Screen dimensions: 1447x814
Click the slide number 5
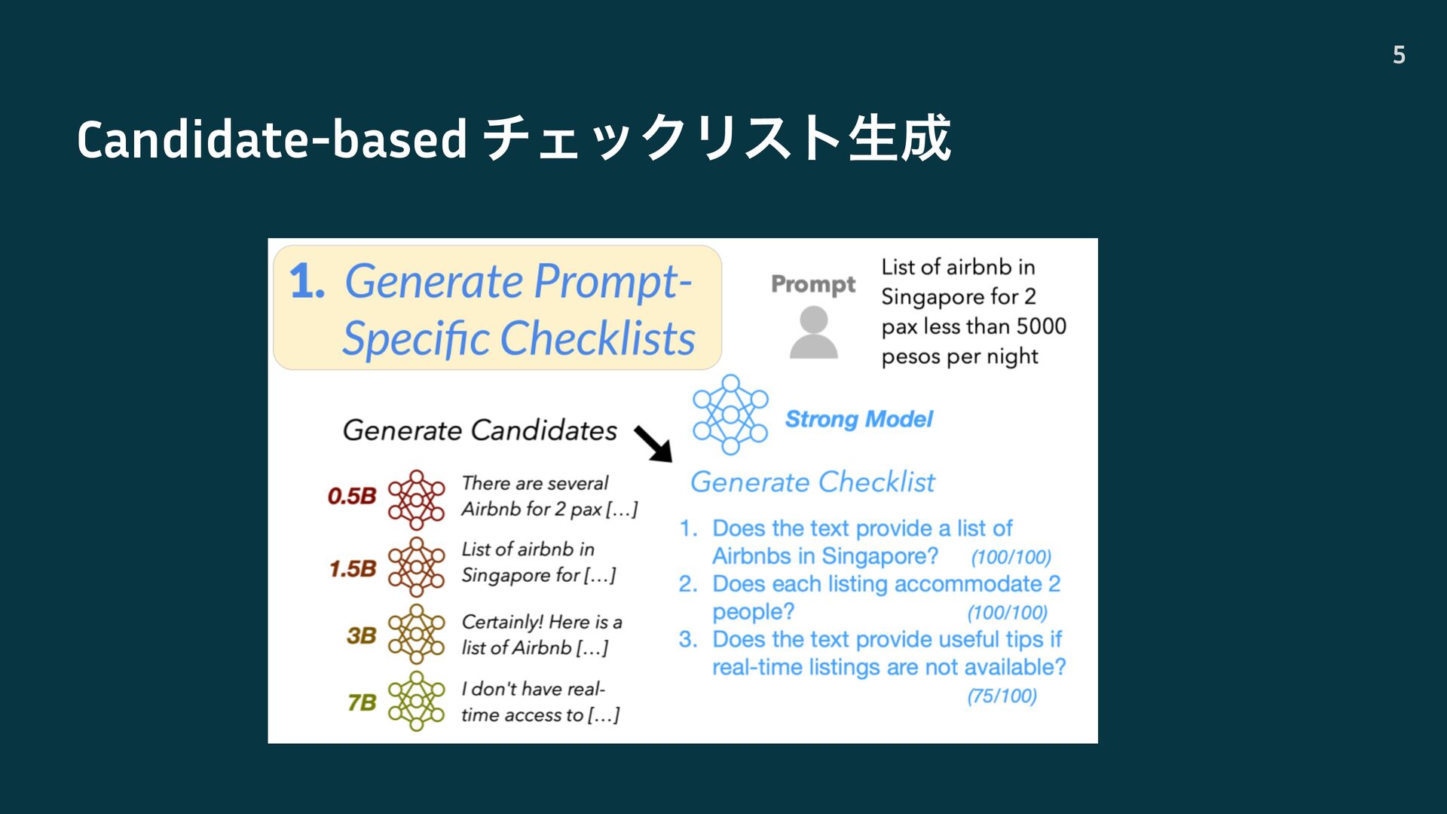point(1399,55)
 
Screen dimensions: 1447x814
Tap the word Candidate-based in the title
point(272,140)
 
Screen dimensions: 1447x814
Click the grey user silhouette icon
point(813,332)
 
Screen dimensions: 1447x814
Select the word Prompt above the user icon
point(813,284)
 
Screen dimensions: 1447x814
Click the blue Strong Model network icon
point(730,415)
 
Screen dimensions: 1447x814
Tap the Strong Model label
point(859,419)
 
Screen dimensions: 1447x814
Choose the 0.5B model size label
point(352,496)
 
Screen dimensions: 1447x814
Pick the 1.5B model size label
point(353,568)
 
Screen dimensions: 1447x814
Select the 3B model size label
point(362,635)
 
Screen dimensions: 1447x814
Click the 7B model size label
point(362,702)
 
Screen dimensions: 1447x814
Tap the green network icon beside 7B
point(416,701)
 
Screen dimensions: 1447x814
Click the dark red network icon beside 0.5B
point(416,500)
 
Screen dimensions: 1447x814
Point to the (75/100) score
point(1002,696)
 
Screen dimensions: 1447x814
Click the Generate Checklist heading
point(812,482)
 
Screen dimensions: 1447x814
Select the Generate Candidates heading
point(480,430)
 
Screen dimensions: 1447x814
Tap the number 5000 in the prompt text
point(1042,326)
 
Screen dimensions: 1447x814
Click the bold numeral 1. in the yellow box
point(307,281)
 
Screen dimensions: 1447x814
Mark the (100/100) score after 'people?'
point(1008,613)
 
